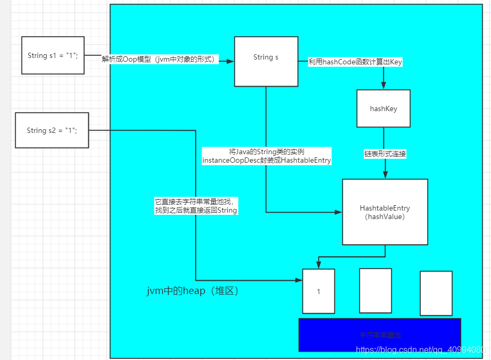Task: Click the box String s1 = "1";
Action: pyautogui.click(x=53, y=55)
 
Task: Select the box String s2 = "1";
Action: pyautogui.click(x=52, y=131)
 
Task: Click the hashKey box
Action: pyautogui.click(x=384, y=108)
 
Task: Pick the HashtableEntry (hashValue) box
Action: pyautogui.click(x=385, y=212)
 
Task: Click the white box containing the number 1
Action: pyautogui.click(x=319, y=291)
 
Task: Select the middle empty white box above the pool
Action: pyautogui.click(x=376, y=290)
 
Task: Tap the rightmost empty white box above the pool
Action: pyautogui.click(x=436, y=293)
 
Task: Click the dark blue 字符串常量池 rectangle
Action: pyautogui.click(x=379, y=334)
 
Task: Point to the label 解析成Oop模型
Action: pyautogui.click(x=159, y=60)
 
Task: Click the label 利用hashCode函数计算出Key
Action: pyautogui.click(x=355, y=62)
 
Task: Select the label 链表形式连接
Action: pyautogui.click(x=385, y=154)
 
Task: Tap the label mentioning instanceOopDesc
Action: pyautogui.click(x=267, y=156)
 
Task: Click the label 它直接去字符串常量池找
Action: pyautogui.click(x=195, y=206)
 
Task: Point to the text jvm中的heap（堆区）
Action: pyautogui.click(x=193, y=291)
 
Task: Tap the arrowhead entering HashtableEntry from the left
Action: pyautogui.click(x=338, y=212)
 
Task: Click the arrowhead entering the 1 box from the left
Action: pyautogui.click(x=298, y=280)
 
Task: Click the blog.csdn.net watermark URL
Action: pyautogui.click(x=420, y=350)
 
